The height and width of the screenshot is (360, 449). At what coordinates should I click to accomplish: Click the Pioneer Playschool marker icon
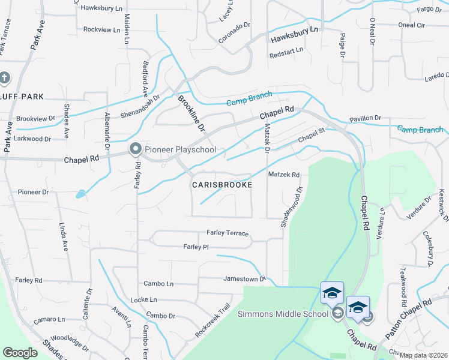[x=135, y=149]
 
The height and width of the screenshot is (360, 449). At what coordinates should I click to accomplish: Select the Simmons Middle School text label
[x=283, y=314]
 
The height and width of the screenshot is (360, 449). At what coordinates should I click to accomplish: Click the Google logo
[x=20, y=353]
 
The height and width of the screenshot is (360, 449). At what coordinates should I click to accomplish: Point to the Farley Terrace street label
[x=228, y=232]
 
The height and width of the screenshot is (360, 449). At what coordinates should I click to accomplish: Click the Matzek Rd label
[x=283, y=175]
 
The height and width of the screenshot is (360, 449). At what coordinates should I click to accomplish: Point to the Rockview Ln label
[x=101, y=29]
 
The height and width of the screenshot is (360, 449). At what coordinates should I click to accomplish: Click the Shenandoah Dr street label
[x=139, y=106]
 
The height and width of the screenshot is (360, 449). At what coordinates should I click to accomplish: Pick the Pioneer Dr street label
[x=32, y=193]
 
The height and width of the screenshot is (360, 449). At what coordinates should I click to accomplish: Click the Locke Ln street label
[x=143, y=299]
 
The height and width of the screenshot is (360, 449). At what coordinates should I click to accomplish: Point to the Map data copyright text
[x=423, y=354]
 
